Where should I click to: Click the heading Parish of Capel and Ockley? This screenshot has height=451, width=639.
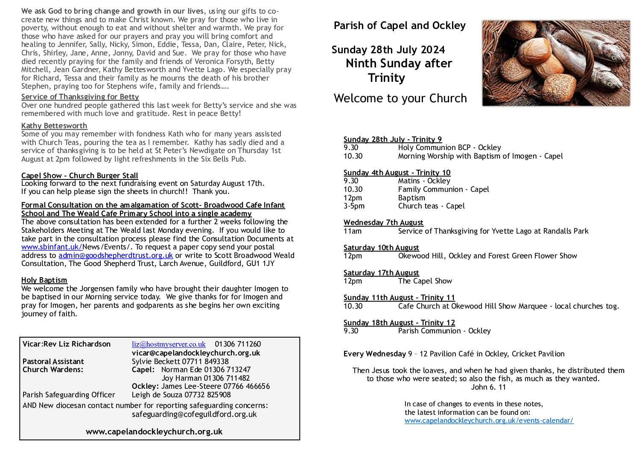400,26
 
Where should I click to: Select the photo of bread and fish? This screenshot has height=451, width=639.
556,63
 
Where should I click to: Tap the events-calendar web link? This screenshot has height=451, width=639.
489,421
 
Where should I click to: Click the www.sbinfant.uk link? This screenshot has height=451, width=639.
52,247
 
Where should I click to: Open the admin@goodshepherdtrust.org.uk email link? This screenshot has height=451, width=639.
116,255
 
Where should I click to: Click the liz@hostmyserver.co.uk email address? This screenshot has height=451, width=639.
169,344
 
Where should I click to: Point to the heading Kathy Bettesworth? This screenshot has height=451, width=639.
54,126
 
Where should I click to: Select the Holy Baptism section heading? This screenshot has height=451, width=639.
44,280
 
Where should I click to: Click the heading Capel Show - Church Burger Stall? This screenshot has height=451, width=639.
80,176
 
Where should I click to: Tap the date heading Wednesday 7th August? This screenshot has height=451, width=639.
383,223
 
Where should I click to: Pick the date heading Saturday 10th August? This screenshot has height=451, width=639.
381,248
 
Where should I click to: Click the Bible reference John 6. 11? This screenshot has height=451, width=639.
488,387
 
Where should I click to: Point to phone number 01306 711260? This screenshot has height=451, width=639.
238,344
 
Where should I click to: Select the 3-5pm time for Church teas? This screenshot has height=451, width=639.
354,206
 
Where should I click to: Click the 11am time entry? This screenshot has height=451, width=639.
353,231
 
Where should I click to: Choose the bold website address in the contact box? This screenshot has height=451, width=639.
154,431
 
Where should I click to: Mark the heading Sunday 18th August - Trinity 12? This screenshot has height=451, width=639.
399,323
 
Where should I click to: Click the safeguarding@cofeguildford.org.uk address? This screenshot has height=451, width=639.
194,414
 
